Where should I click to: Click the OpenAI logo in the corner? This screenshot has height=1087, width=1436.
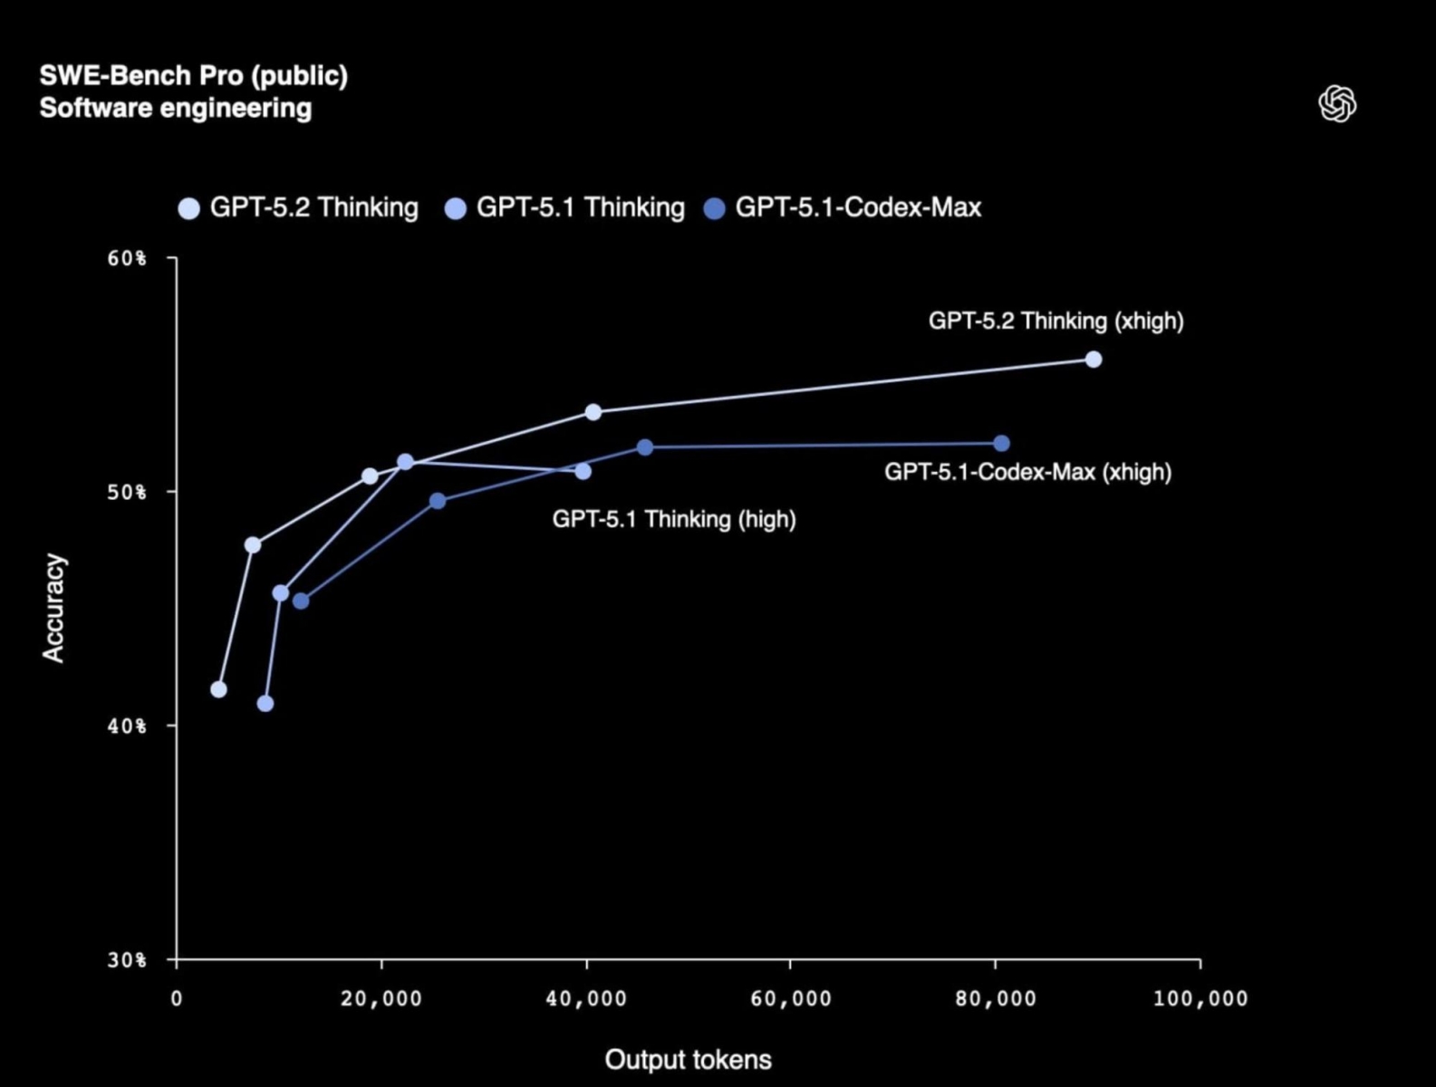click(1337, 103)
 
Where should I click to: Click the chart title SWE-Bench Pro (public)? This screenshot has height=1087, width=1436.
click(193, 75)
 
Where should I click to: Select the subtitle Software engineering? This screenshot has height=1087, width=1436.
click(175, 108)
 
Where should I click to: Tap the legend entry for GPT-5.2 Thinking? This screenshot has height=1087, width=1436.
click(299, 207)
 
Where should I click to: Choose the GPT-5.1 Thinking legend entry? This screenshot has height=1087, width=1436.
click(565, 207)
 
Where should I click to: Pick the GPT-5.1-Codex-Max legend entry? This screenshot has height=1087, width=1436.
click(843, 207)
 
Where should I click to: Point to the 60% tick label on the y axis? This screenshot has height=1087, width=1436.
click(126, 259)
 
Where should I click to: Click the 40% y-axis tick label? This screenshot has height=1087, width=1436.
click(126, 726)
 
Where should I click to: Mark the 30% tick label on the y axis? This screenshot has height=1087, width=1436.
click(126, 960)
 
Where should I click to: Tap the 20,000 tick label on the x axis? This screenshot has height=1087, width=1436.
click(381, 999)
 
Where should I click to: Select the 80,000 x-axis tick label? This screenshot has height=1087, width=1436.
click(996, 999)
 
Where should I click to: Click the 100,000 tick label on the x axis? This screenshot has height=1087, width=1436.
click(1200, 999)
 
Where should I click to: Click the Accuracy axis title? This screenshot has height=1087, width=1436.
click(54, 608)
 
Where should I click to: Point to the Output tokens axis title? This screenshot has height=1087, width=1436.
click(688, 1060)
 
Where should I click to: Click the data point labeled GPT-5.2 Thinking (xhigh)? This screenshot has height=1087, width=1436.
click(1094, 360)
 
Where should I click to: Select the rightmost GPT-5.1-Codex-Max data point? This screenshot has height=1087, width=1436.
click(1001, 444)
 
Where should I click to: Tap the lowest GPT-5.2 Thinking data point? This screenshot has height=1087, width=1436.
click(218, 689)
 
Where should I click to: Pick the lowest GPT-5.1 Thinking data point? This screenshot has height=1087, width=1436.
click(265, 704)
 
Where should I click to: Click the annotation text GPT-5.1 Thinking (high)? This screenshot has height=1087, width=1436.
click(674, 520)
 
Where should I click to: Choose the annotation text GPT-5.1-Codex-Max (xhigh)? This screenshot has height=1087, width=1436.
click(1027, 472)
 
